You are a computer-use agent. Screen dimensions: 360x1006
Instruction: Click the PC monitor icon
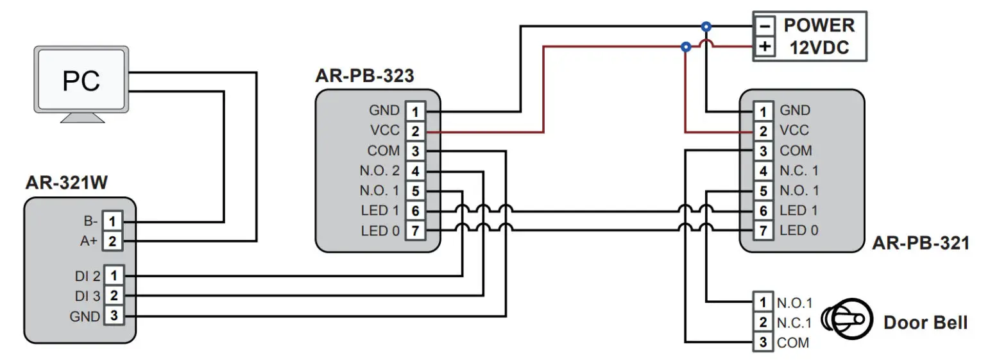tap(81, 83)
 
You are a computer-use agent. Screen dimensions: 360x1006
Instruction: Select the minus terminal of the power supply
tap(764, 26)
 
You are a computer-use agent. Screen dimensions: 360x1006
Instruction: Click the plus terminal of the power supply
tap(764, 47)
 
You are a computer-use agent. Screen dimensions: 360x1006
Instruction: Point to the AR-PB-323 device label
tap(364, 76)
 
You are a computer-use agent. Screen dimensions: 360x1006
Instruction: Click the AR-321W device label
tap(66, 184)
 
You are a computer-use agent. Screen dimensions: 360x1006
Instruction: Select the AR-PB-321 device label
tap(920, 243)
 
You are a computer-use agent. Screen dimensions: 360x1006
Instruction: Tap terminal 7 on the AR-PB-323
tap(415, 231)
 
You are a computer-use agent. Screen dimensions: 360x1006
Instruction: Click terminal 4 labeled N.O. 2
tap(415, 171)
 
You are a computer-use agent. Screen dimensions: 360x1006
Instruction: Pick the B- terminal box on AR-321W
tap(113, 221)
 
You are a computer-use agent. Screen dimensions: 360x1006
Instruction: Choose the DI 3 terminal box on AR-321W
tap(113, 296)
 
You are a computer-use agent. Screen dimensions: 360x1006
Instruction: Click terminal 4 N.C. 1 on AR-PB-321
tap(763, 171)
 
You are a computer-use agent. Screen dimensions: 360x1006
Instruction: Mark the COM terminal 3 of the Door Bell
tap(763, 342)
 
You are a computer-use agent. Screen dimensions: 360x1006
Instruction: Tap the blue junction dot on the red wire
tap(685, 47)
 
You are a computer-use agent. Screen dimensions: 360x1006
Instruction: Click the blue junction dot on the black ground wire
tap(706, 26)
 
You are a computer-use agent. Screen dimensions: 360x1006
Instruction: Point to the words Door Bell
tap(925, 322)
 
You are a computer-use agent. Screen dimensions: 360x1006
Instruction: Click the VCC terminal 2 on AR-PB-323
tap(415, 132)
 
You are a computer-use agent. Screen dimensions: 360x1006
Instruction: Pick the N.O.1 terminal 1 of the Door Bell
tap(763, 302)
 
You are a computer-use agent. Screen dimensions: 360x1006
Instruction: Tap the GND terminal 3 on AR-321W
tap(113, 316)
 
